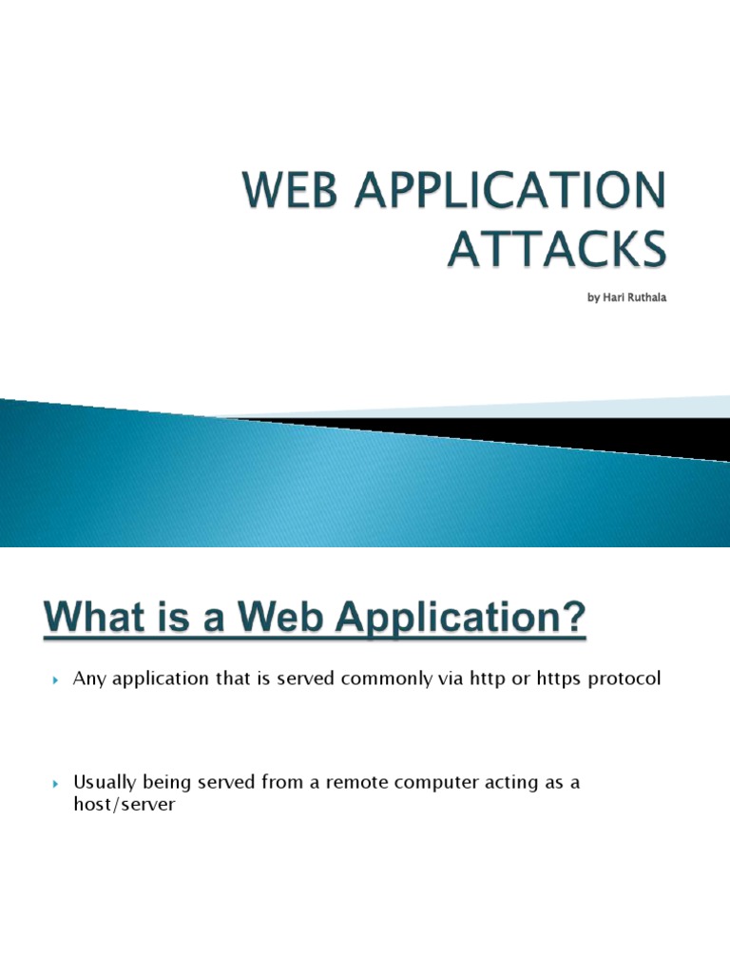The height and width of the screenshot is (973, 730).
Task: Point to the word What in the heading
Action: pyautogui.click(x=100, y=623)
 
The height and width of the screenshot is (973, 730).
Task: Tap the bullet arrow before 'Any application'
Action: pyautogui.click(x=54, y=680)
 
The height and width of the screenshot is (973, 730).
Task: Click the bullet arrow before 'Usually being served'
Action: pyautogui.click(x=54, y=784)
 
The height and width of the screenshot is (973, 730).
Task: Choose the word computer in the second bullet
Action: pyautogui.click(x=436, y=783)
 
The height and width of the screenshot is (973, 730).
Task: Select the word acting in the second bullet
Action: pyautogui.click(x=519, y=783)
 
